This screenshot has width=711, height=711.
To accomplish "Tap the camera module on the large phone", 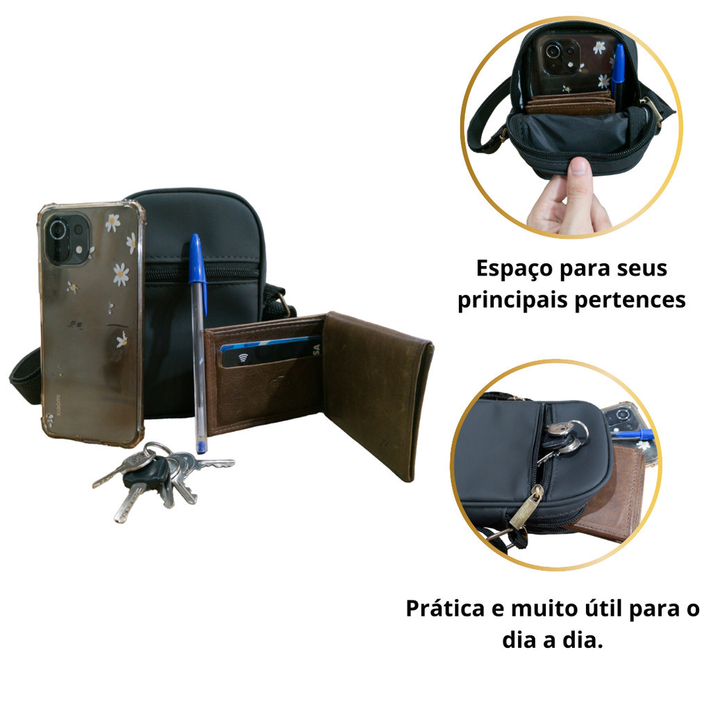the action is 67,239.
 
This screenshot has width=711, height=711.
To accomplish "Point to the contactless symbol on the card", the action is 243,358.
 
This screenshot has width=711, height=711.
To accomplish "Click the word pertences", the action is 630,301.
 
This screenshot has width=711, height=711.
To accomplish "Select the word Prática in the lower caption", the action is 445,608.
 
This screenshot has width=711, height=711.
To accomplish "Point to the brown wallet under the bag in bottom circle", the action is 610,498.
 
